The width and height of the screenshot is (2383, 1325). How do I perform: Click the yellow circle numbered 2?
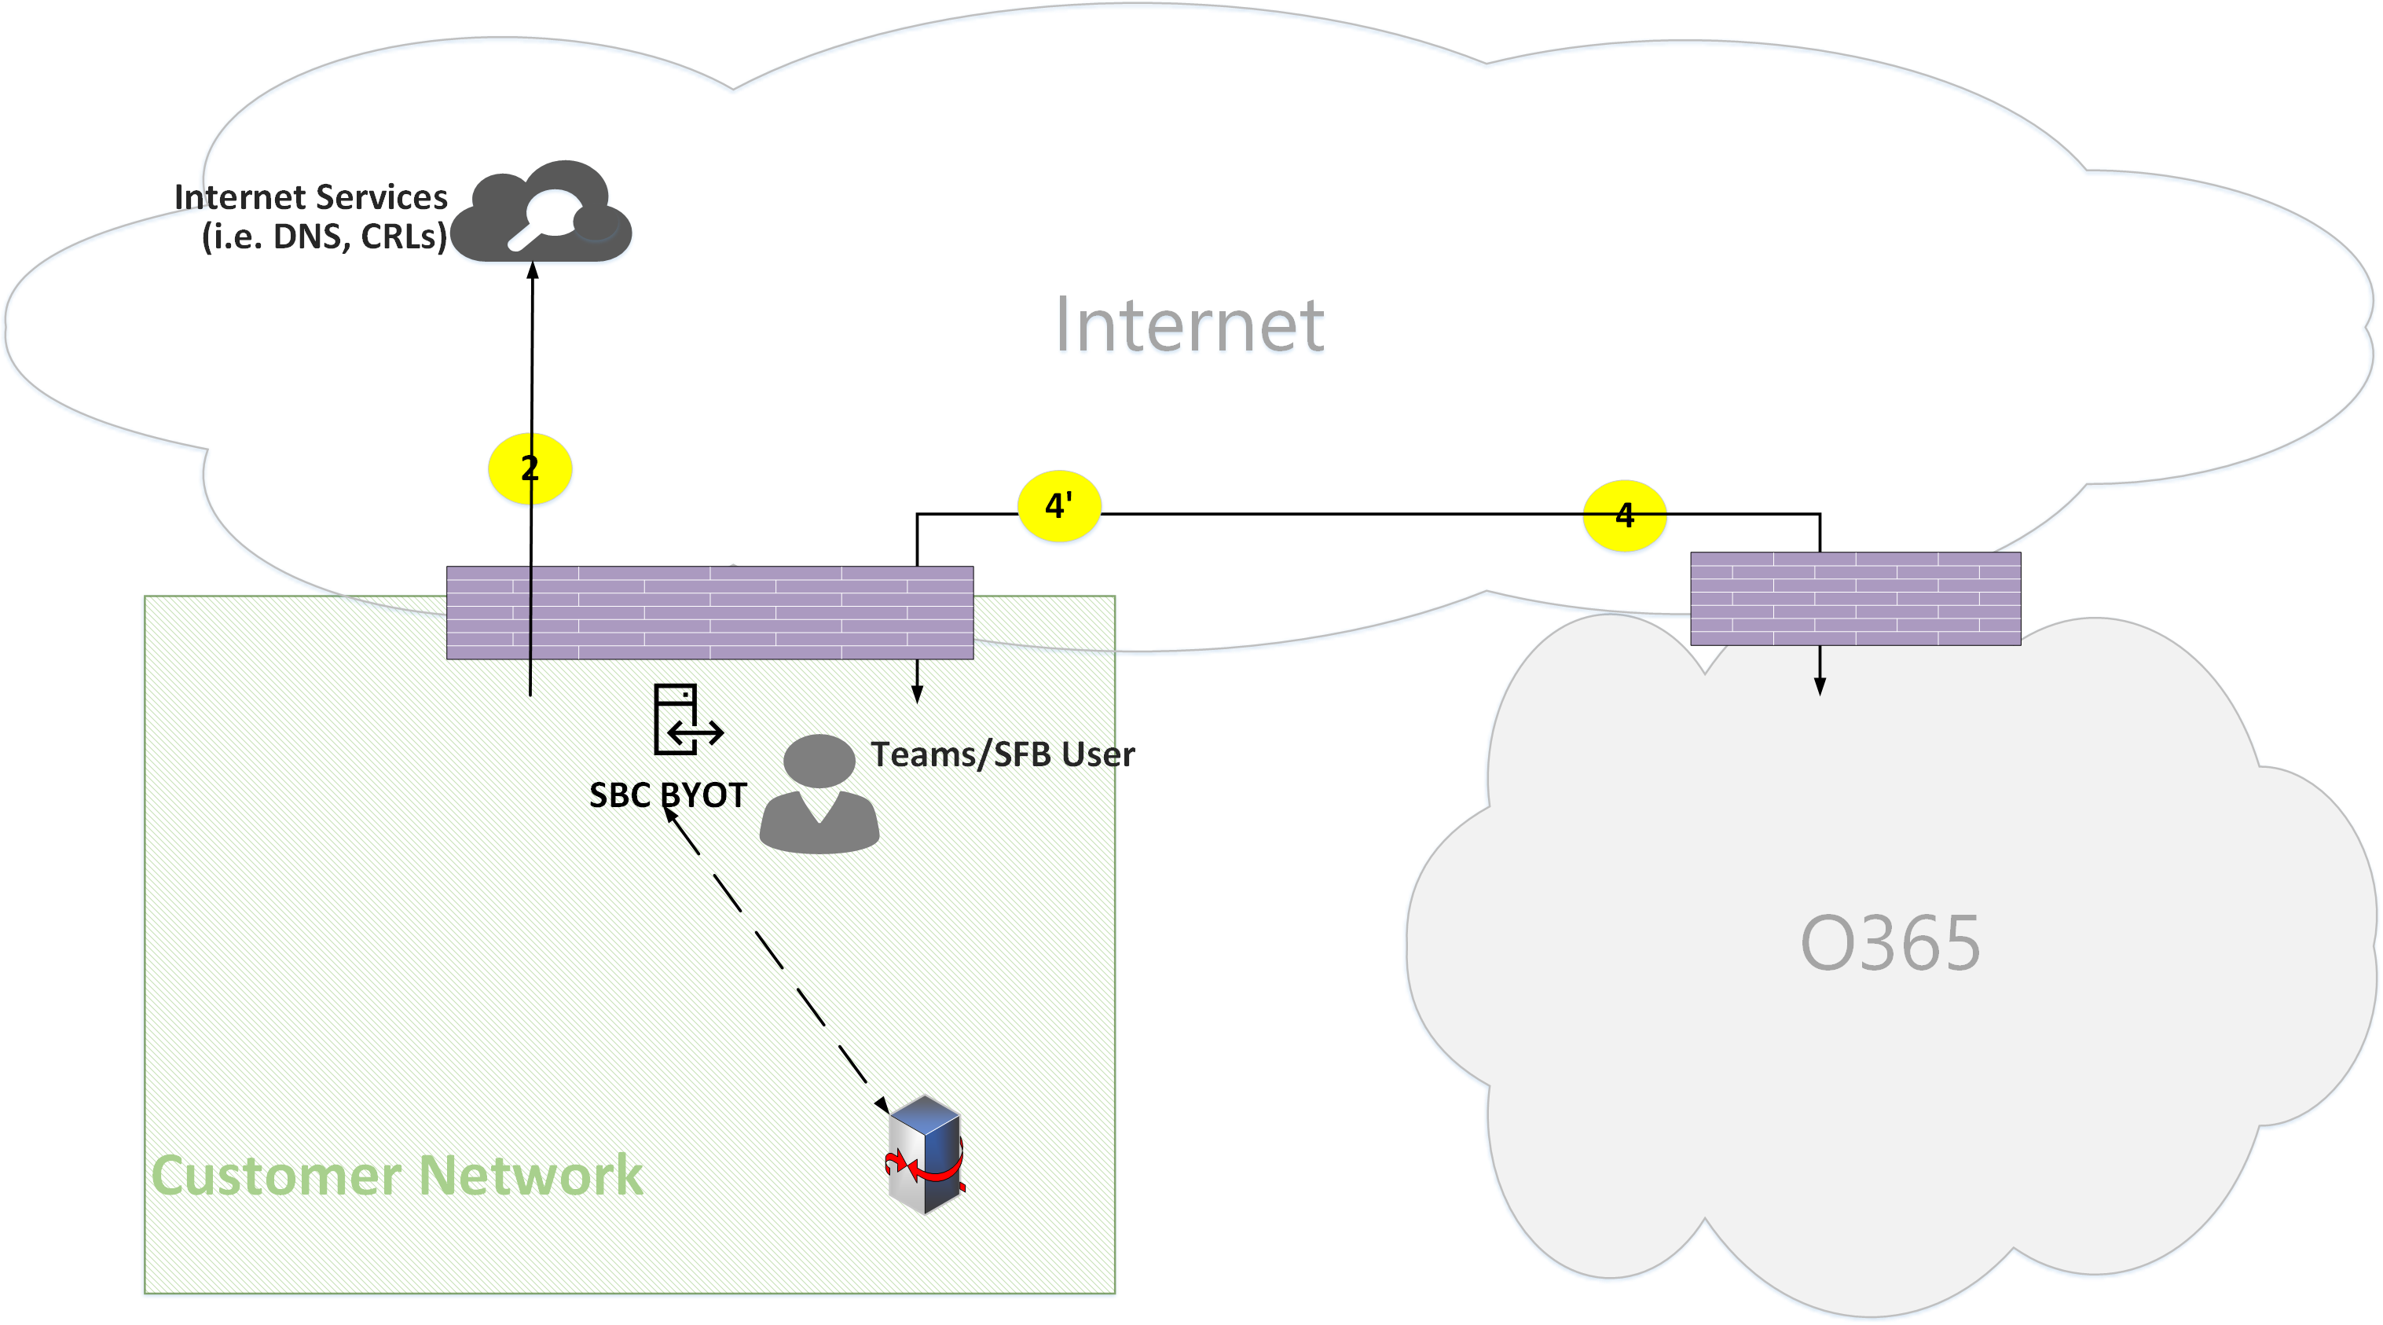(529, 469)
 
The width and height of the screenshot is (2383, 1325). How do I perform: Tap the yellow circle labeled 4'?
(1058, 506)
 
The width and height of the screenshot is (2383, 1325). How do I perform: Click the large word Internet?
(1190, 325)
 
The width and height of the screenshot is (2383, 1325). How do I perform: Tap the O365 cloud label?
(1889, 943)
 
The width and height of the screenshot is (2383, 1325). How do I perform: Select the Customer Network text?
(397, 1175)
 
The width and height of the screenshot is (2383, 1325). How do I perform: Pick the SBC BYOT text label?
(668, 795)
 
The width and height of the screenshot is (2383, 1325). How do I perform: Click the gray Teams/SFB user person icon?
(819, 794)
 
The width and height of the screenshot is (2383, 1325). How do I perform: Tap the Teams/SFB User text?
(1002, 754)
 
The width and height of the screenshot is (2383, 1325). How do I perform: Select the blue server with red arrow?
(925, 1154)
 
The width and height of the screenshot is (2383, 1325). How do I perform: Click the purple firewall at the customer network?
(709, 612)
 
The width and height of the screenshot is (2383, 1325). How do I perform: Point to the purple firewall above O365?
(1855, 599)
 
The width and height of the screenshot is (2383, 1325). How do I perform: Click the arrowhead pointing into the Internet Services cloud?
(533, 270)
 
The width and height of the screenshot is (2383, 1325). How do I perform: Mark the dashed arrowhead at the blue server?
(882, 1105)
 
